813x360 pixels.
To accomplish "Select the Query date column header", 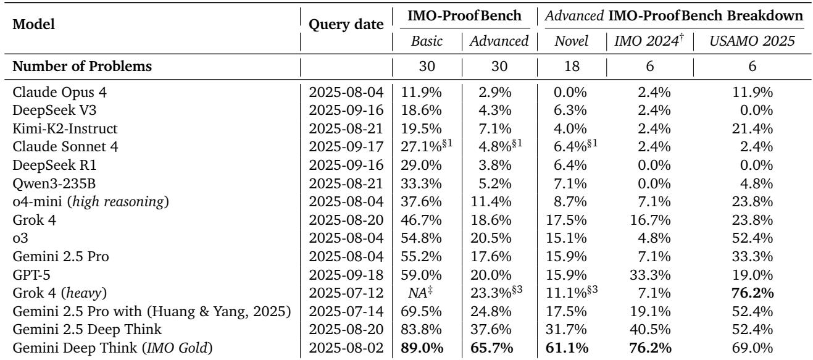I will coord(346,22).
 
